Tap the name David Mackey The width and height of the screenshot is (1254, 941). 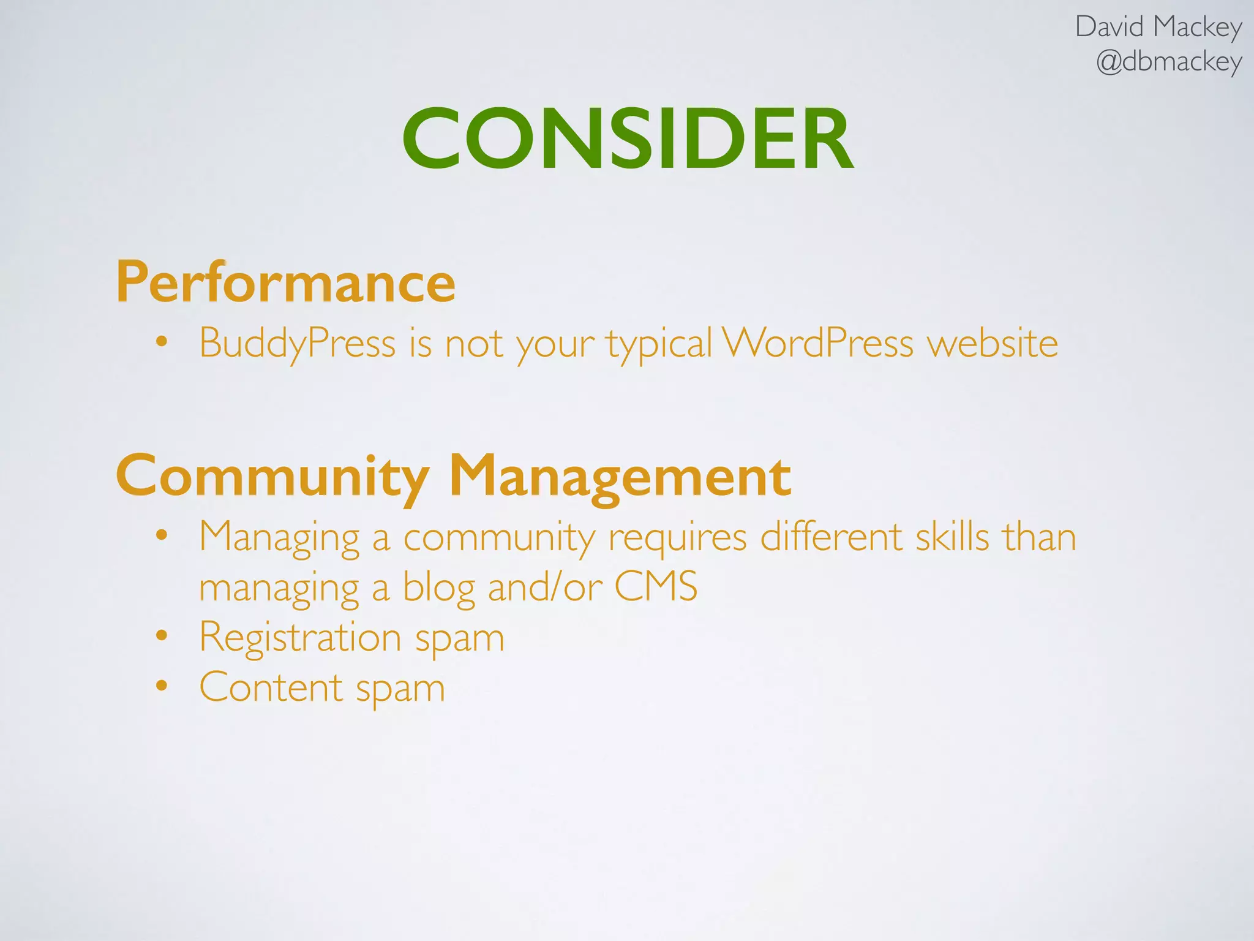1158,28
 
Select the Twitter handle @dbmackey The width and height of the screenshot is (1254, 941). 1169,62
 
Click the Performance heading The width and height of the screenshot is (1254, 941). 286,283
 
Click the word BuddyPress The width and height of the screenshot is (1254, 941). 298,343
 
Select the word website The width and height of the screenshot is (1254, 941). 993,343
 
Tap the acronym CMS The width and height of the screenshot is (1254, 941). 655,586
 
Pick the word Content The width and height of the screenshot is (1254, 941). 271,687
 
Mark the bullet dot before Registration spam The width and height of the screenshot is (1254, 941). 161,635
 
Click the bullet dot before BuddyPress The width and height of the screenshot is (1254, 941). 161,341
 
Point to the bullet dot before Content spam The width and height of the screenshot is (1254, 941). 161,686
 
